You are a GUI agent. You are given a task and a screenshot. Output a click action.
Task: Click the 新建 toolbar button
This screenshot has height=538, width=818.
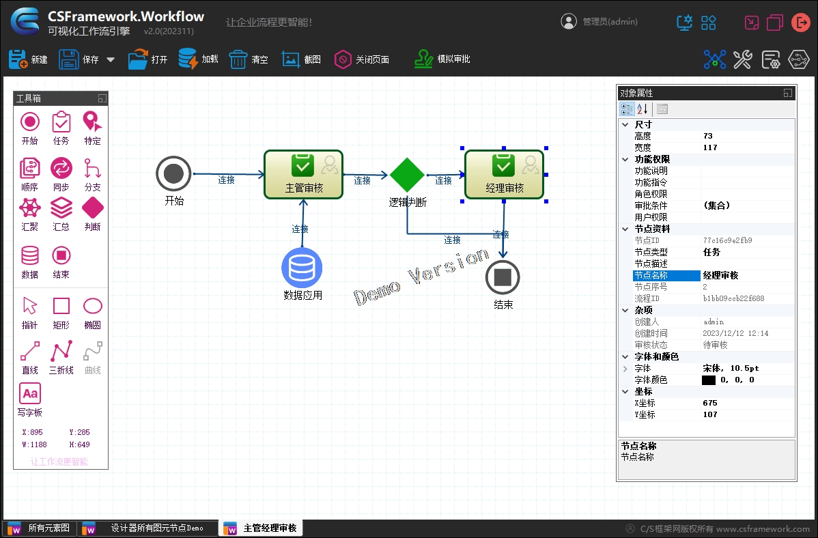(28, 59)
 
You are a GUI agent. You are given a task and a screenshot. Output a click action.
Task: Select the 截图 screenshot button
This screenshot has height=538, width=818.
(301, 59)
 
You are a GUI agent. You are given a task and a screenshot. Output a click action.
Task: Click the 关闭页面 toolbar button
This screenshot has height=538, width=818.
(361, 59)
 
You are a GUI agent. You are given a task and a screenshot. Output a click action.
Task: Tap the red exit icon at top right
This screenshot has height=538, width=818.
(800, 23)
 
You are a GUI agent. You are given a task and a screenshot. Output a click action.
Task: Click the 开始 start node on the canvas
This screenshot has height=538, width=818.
(173, 173)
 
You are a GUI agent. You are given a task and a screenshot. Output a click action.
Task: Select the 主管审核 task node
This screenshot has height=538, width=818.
(304, 175)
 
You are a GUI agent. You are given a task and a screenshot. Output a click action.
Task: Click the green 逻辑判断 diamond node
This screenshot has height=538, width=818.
(408, 175)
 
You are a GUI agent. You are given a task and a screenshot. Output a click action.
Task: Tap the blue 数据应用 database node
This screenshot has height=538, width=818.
(302, 268)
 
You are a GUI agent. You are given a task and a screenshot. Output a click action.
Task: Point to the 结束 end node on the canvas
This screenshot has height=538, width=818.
(503, 277)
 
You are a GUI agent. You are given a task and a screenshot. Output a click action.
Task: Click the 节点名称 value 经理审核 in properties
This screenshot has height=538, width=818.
(721, 276)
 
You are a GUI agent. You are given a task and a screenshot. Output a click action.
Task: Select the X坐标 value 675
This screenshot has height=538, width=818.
(710, 403)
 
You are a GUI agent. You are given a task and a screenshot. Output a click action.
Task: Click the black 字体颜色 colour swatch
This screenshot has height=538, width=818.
(708, 380)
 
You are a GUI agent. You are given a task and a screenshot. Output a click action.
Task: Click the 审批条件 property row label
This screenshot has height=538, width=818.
(651, 206)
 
